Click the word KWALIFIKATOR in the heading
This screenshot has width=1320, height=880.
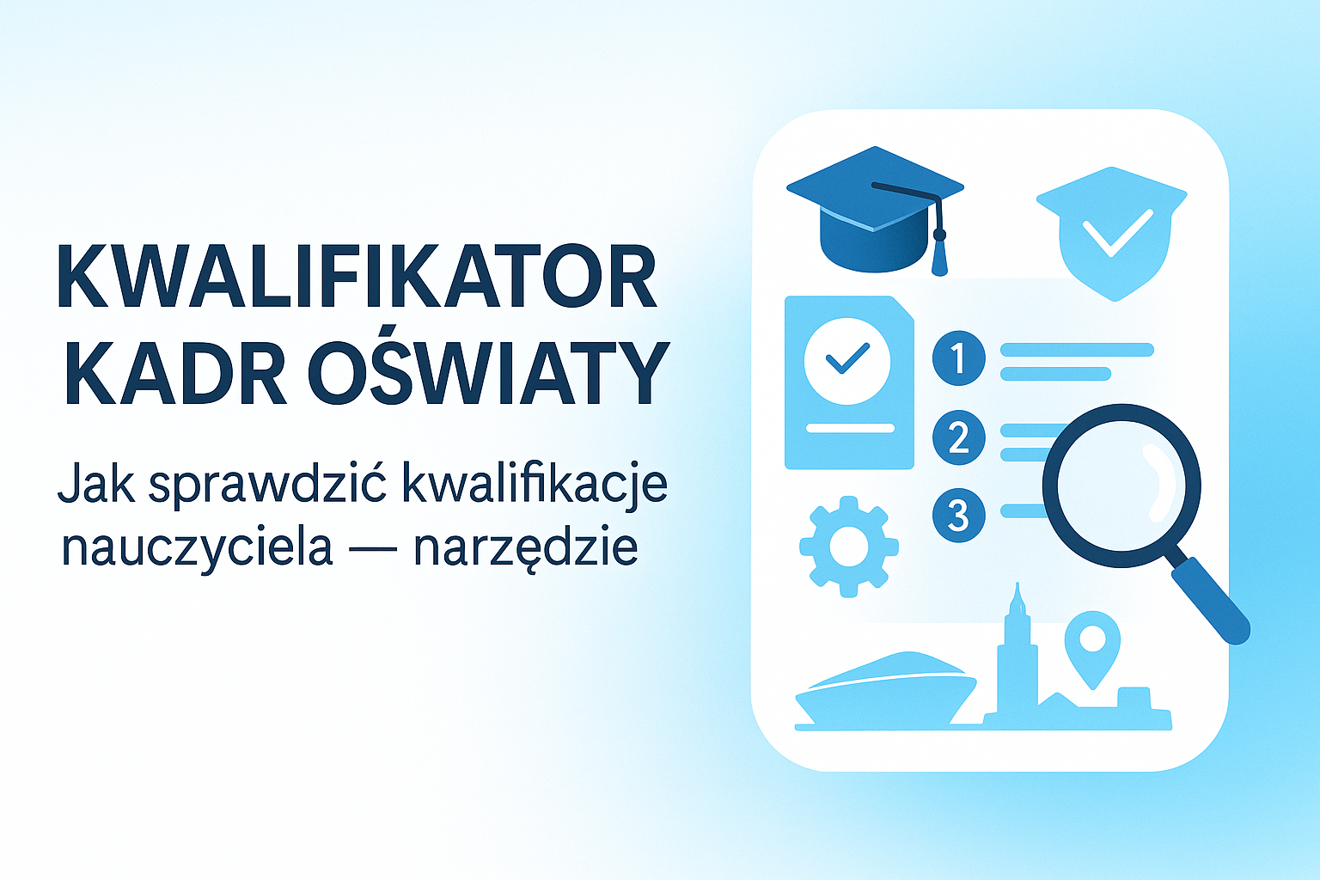(x=357, y=277)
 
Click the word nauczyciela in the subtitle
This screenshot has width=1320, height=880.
(x=197, y=547)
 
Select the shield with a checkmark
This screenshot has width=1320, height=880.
(x=1112, y=232)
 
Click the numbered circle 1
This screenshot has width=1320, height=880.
(x=958, y=357)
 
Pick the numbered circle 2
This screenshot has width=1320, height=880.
(x=958, y=437)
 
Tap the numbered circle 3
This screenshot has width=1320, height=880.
(x=958, y=516)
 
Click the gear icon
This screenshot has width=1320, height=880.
(x=849, y=547)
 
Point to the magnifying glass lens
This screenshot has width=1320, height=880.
(x=1121, y=485)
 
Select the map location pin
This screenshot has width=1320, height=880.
(x=1092, y=645)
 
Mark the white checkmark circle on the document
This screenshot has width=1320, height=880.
(x=846, y=361)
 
